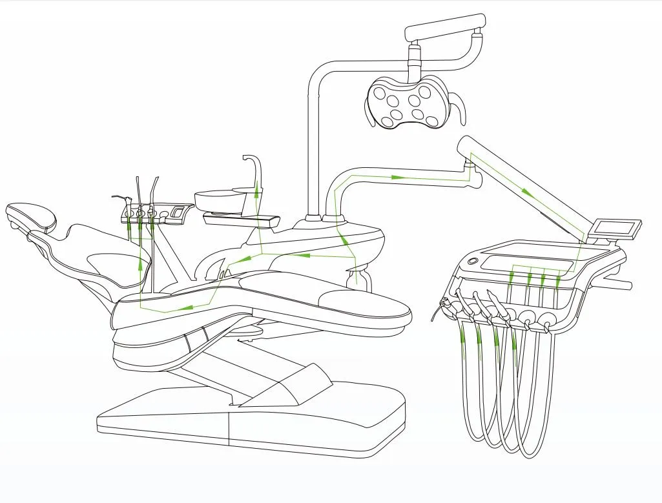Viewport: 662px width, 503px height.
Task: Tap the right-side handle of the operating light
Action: point(459,108)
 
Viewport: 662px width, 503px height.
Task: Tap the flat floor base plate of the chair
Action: point(252,420)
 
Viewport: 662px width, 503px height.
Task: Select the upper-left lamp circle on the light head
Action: point(380,93)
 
